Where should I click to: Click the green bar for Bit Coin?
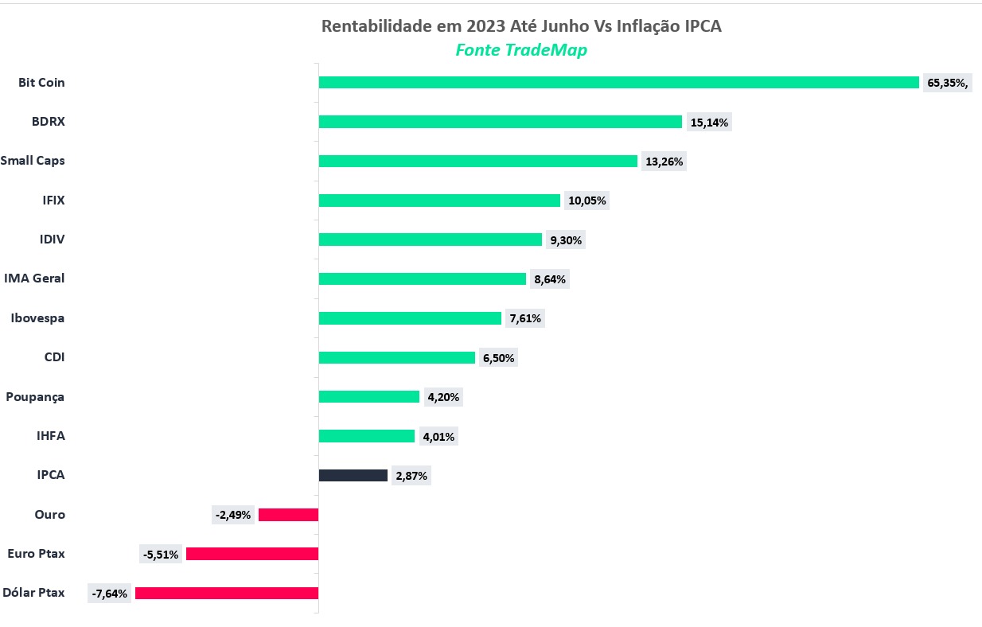pos(618,83)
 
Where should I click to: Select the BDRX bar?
pos(500,122)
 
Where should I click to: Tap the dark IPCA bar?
pos(353,476)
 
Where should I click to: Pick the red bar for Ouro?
pos(288,515)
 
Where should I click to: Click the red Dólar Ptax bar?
pos(227,593)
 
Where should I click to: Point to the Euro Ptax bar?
pos(252,554)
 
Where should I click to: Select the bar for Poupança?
pos(368,397)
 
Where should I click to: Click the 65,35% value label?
pos(947,83)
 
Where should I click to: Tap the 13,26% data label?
pos(664,162)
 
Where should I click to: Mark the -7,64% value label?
pos(110,594)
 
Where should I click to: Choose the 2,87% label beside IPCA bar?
pos(411,476)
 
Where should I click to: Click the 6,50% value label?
pos(498,358)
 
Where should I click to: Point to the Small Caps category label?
pos(33,161)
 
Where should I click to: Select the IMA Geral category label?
pos(34,278)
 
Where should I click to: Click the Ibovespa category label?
pos(37,318)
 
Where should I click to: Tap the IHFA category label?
pos(51,436)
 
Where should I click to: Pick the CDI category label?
pos(54,357)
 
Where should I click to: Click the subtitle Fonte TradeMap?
pos(521,50)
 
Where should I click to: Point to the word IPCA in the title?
pos(702,26)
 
